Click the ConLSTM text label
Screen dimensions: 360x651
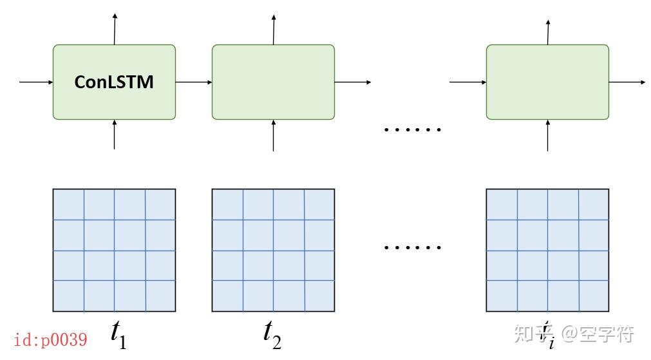point(114,82)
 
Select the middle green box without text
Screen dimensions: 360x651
point(273,82)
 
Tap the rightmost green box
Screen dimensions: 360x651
point(547,82)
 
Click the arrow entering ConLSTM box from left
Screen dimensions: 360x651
point(36,82)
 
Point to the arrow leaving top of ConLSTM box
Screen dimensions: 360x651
point(115,28)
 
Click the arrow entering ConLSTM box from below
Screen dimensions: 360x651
point(115,135)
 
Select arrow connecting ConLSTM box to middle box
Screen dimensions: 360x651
point(193,82)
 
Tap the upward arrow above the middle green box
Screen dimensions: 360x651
point(274,28)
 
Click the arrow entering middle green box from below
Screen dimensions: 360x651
point(274,135)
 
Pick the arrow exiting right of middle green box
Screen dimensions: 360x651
point(353,82)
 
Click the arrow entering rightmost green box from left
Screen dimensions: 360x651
point(467,82)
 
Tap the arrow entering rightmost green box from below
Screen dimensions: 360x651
point(548,135)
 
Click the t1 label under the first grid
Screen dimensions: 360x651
point(118,333)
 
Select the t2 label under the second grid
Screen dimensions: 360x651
point(272,333)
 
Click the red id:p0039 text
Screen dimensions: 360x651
point(50,339)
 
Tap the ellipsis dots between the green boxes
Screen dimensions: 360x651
point(412,129)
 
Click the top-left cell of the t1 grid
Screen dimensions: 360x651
point(68,205)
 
